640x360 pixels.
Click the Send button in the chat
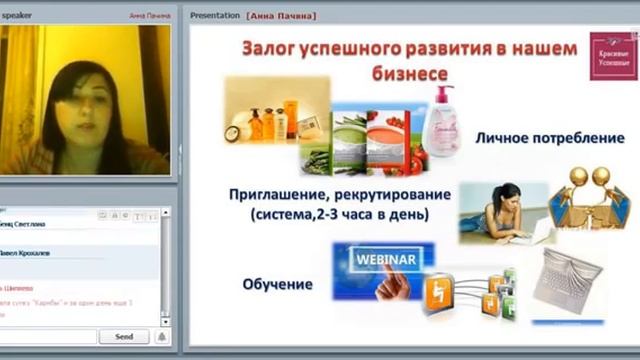(x=124, y=337)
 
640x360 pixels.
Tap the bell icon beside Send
(x=161, y=337)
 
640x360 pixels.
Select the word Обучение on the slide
(x=277, y=285)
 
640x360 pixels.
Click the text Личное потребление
(x=550, y=137)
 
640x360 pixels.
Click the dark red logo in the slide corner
(x=608, y=56)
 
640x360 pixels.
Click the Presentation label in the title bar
(x=215, y=16)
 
